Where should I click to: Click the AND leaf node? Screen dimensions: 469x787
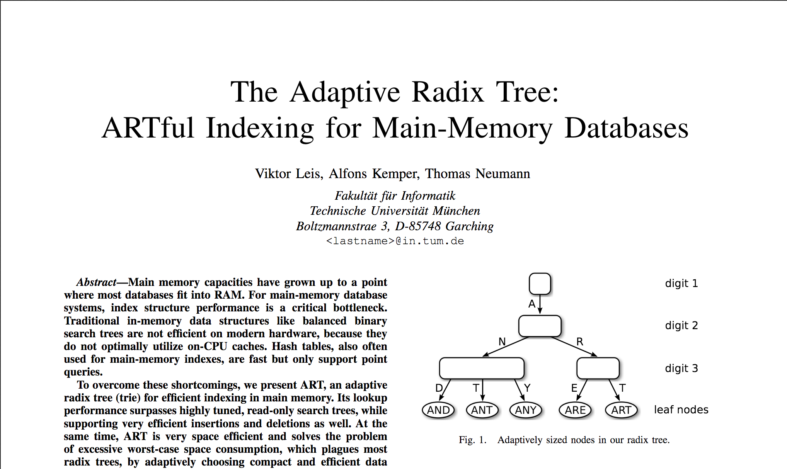point(438,410)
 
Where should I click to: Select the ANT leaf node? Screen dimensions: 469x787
point(482,410)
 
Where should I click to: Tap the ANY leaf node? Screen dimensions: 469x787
point(526,410)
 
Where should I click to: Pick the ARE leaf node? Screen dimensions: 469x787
point(575,410)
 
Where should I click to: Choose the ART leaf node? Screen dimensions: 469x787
point(621,410)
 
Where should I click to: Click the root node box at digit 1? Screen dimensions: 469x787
point(540,284)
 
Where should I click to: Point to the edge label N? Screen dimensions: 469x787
point(502,342)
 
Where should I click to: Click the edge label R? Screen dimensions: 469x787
point(580,342)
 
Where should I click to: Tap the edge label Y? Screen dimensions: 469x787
point(527,388)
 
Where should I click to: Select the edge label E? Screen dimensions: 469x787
point(574,388)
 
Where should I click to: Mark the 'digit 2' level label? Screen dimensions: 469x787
point(681,326)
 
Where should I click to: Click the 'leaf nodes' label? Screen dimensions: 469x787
point(681,410)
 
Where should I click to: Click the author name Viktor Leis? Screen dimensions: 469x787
point(288,174)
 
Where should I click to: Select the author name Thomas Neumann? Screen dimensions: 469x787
point(477,174)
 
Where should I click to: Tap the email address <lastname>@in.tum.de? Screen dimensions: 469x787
point(395,241)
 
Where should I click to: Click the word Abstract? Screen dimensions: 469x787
point(97,282)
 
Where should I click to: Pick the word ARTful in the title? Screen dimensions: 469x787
point(148,128)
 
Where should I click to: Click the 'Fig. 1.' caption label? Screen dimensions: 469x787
point(472,440)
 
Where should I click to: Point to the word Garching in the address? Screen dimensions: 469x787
point(469,226)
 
